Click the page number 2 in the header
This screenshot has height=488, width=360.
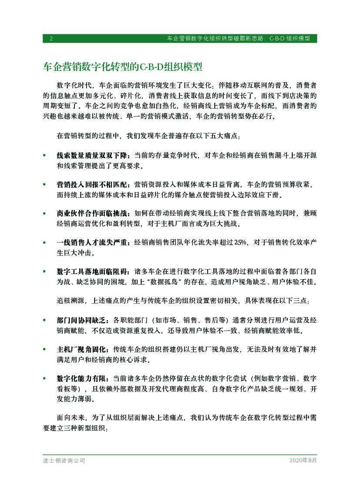click(51, 38)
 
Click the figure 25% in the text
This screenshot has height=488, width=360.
click(240, 242)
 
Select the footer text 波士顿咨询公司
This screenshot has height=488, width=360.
click(64, 461)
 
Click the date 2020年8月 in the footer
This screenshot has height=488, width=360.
click(303, 461)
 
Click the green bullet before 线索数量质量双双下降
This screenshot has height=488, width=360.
click(44, 155)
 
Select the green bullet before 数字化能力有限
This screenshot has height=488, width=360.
click(44, 378)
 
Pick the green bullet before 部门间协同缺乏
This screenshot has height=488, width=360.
click(44, 320)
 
